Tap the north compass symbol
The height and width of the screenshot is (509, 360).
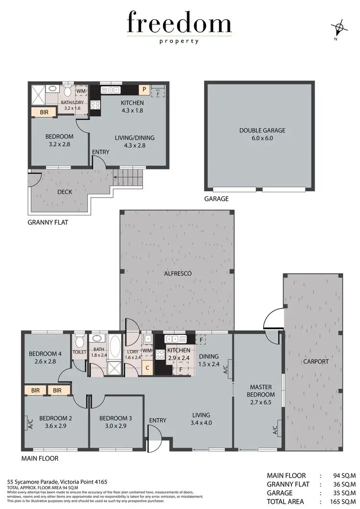[x=339, y=28]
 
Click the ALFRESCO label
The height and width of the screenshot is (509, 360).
[x=177, y=273]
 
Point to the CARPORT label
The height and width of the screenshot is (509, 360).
[x=315, y=361]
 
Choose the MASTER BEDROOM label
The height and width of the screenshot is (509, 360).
[x=261, y=391]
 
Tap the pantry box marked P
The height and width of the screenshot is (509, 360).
[x=144, y=89]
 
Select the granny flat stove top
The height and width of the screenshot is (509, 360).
[x=95, y=105]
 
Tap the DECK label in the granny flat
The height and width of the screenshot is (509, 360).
[x=52, y=190]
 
